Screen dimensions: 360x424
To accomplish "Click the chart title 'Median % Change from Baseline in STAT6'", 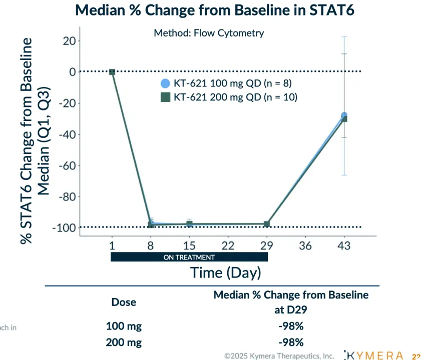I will coord(215,10).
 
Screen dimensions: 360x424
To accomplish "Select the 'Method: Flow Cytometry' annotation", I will coord(209,33).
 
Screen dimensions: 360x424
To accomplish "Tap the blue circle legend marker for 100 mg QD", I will coord(165,83).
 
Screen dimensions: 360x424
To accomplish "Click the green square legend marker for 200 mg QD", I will coord(165,97).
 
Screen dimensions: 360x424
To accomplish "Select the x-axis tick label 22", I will coord(228,246).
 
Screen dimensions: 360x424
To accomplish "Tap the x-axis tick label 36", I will coord(305,246).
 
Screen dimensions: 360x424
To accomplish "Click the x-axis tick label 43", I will coord(343,246).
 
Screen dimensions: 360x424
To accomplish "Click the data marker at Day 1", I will coord(112,72).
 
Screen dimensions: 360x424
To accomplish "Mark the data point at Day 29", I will coord(267,224).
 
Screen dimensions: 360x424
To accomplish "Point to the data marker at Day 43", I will coord(344,117).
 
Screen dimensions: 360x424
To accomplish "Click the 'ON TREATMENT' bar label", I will coord(189,257).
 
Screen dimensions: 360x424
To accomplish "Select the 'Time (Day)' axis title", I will coord(225,272).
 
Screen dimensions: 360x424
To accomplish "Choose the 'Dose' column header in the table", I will coord(123,302).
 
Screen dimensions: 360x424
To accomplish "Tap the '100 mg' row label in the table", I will coord(124,326).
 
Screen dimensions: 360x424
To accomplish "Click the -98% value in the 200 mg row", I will coord(291,342).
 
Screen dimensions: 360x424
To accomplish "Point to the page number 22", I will coord(416,356).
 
